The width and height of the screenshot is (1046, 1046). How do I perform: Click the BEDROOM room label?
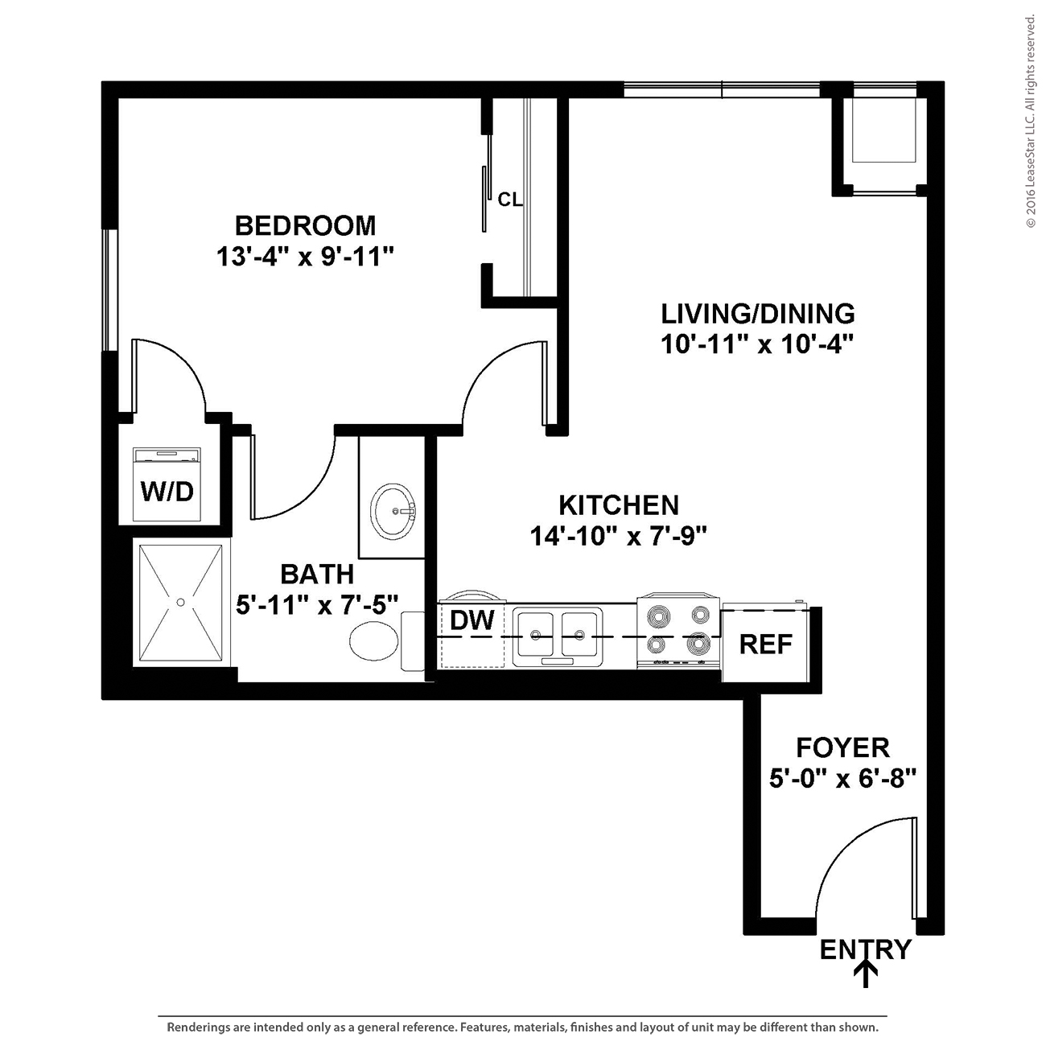point(305,226)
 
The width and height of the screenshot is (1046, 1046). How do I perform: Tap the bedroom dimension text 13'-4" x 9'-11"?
point(305,256)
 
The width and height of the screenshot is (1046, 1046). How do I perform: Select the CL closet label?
point(509,200)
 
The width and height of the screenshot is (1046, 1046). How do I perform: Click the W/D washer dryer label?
point(167,492)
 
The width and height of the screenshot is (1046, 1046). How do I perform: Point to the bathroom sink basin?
point(393,511)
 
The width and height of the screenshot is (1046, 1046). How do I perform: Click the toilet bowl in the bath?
point(373,640)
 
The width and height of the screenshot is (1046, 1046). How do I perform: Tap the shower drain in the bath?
point(181,602)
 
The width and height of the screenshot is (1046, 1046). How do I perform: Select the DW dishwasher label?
point(472,620)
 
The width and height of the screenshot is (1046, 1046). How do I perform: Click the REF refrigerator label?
point(766,644)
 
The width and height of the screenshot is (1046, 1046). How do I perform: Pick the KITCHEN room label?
point(619,505)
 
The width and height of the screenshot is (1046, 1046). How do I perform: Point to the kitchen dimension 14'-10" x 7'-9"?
point(619,537)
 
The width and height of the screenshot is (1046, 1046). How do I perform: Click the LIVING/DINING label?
point(758,314)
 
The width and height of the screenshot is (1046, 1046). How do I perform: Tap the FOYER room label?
point(843,748)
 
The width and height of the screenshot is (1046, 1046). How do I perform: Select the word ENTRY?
point(865,950)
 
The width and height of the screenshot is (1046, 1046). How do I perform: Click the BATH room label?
point(318,574)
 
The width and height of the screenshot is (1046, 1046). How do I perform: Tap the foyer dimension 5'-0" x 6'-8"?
point(843,780)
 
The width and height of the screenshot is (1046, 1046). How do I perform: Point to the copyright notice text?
point(1031,121)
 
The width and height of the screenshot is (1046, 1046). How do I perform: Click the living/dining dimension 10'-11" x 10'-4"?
point(758,344)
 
